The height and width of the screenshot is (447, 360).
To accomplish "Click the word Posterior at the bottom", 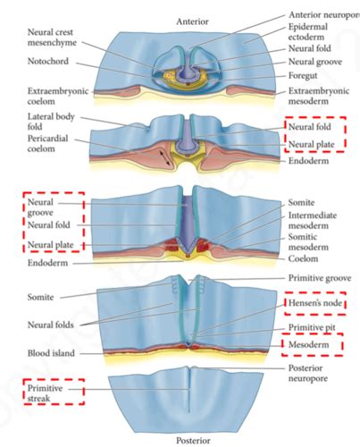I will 191,440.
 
